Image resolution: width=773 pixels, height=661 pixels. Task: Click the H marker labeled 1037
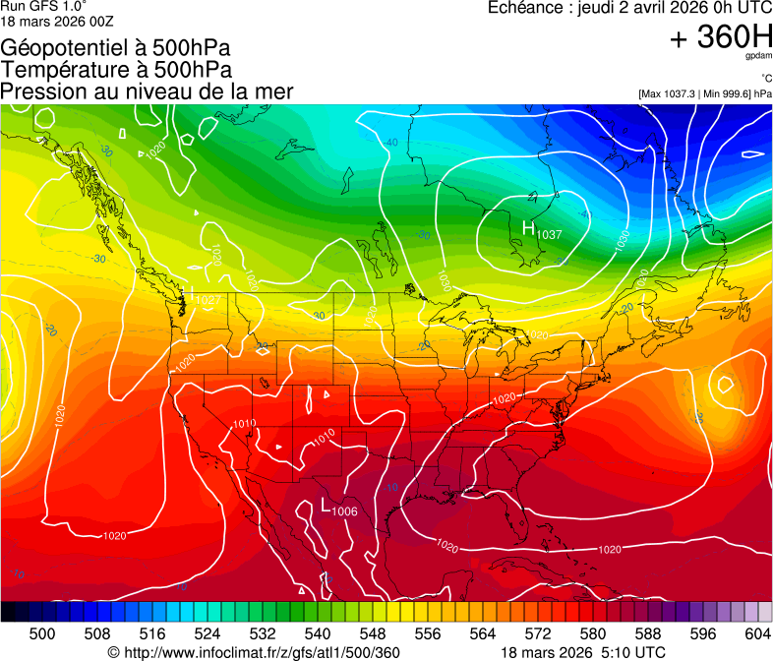(529, 229)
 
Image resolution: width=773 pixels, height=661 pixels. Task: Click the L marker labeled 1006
(328, 506)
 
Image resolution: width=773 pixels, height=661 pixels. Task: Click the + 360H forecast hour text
(721, 37)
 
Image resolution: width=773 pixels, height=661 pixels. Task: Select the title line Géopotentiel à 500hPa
(115, 47)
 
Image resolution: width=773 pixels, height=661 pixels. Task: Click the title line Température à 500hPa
(116, 69)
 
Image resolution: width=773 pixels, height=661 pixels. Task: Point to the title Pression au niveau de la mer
(147, 91)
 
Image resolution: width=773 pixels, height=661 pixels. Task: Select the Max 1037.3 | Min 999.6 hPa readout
(704, 93)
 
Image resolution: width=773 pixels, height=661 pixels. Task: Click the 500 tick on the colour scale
(42, 633)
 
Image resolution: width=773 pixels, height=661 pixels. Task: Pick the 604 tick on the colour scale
(756, 633)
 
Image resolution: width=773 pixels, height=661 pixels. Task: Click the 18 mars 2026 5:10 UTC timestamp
(582, 652)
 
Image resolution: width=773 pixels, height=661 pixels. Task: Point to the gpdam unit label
(758, 57)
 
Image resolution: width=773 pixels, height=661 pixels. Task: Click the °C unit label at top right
(763, 79)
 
